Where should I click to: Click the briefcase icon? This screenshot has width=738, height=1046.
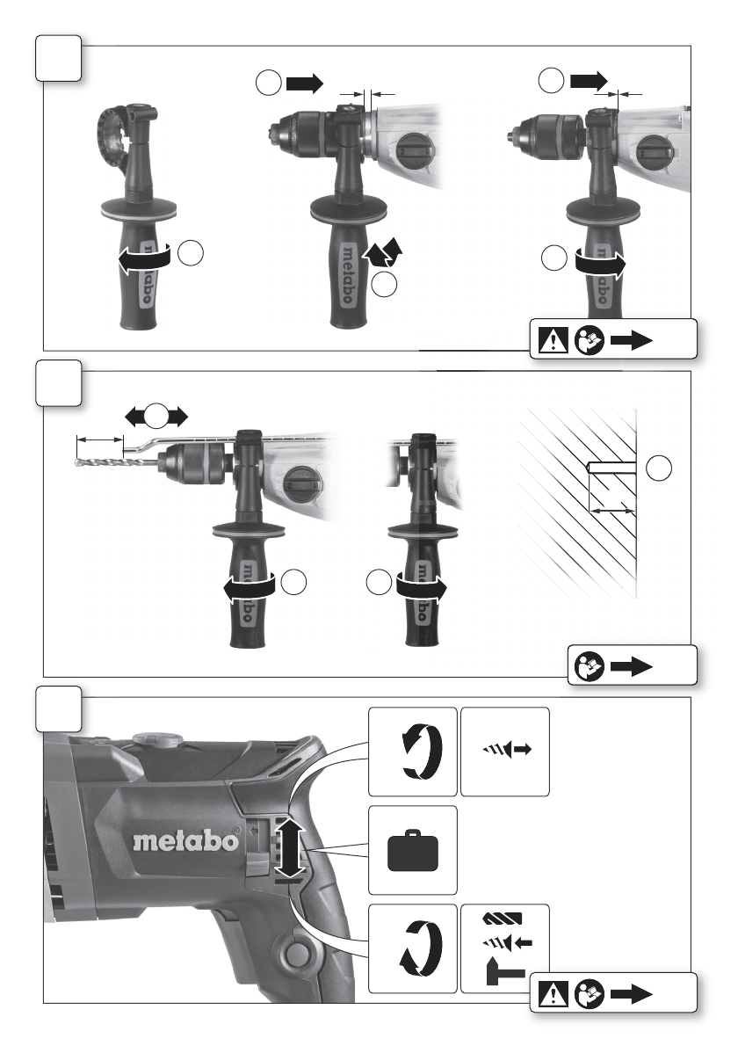(413, 850)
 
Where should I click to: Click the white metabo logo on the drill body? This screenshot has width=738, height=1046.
(185, 839)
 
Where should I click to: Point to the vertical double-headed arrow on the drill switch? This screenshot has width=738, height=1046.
(289, 849)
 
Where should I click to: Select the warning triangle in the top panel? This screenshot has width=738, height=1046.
(553, 340)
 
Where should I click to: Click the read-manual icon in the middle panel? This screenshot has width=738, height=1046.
(589, 666)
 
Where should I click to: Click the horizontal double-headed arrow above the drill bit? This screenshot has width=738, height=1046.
(156, 417)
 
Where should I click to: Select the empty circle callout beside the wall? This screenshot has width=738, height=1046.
(659, 468)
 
